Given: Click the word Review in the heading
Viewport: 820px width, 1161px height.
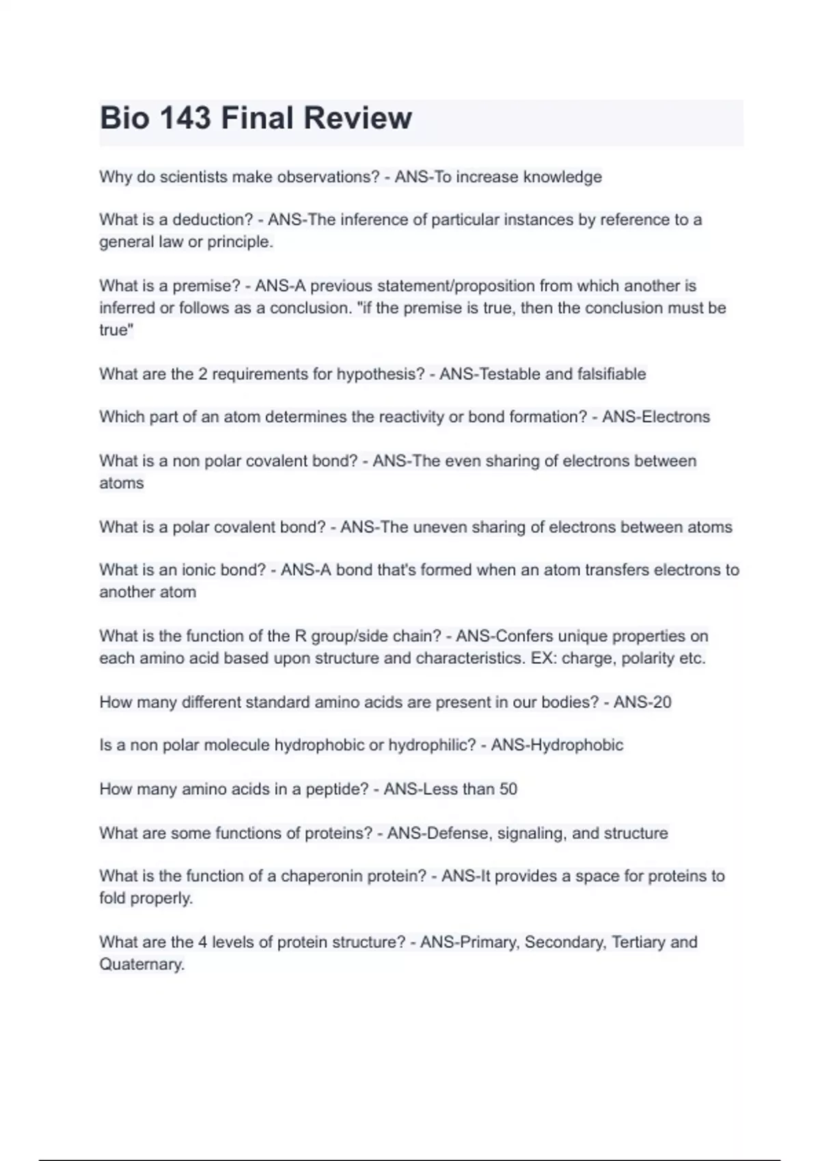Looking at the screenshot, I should coord(357,118).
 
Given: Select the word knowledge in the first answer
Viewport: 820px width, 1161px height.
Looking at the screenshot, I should coord(562,177).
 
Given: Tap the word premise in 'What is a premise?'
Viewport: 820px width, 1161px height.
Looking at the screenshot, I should coord(204,285).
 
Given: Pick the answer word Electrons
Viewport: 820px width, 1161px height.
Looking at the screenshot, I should coord(674,417).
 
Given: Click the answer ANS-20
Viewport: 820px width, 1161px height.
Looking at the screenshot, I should coord(642,702).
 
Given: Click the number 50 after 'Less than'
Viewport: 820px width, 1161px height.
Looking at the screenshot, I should coord(508,789).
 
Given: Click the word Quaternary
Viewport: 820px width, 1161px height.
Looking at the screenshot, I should coord(141,964).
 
